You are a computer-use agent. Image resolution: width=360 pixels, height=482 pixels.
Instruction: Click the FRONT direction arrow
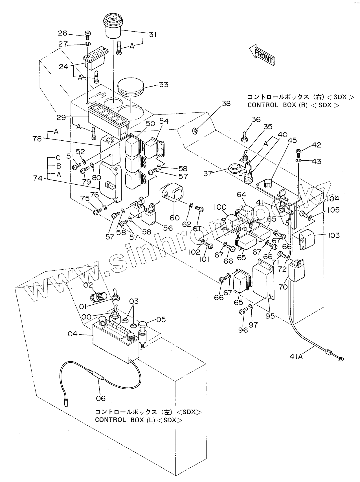(261, 55)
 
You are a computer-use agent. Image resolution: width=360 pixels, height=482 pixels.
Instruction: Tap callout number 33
(163, 84)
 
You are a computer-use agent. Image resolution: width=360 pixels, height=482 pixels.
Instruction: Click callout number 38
(226, 103)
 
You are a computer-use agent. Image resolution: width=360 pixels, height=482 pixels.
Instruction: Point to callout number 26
(63, 33)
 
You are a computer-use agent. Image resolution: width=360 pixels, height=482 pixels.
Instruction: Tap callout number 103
(333, 235)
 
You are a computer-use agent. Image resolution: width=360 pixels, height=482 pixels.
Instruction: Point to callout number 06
(100, 398)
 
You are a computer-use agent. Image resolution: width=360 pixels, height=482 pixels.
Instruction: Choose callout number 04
(73, 334)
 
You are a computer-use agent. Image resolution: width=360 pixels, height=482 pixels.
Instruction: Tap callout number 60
(175, 218)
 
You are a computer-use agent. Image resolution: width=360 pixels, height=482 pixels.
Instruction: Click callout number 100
(220, 207)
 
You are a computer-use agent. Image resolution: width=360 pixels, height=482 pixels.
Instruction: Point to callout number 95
(270, 316)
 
